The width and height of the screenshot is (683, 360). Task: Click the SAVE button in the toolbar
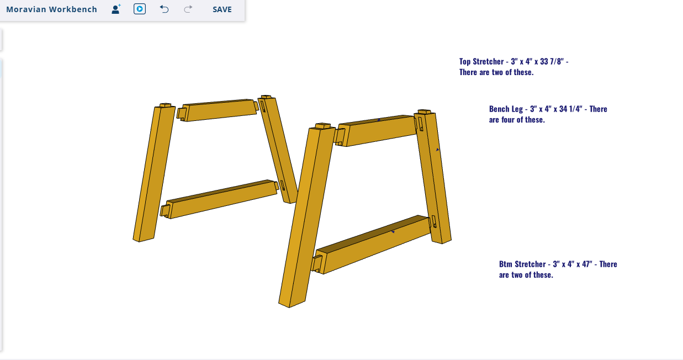(x=222, y=9)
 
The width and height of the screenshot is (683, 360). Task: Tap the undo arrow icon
(x=164, y=9)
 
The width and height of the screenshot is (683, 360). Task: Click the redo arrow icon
(x=188, y=9)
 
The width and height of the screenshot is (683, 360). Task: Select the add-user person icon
(x=116, y=9)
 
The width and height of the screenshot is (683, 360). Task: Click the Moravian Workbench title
(x=51, y=9)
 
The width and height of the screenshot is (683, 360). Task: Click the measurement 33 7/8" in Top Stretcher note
(x=552, y=62)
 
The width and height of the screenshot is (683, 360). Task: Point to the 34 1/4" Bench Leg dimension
(x=571, y=109)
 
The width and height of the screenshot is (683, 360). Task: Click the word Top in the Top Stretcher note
(x=465, y=62)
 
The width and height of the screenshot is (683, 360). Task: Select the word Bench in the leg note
(x=497, y=109)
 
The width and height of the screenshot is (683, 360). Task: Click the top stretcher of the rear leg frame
(x=218, y=110)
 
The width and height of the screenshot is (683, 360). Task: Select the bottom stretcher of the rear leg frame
(x=220, y=199)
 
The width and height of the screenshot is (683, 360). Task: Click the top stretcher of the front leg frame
(x=377, y=130)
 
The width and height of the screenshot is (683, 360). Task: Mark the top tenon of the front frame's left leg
(x=322, y=126)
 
